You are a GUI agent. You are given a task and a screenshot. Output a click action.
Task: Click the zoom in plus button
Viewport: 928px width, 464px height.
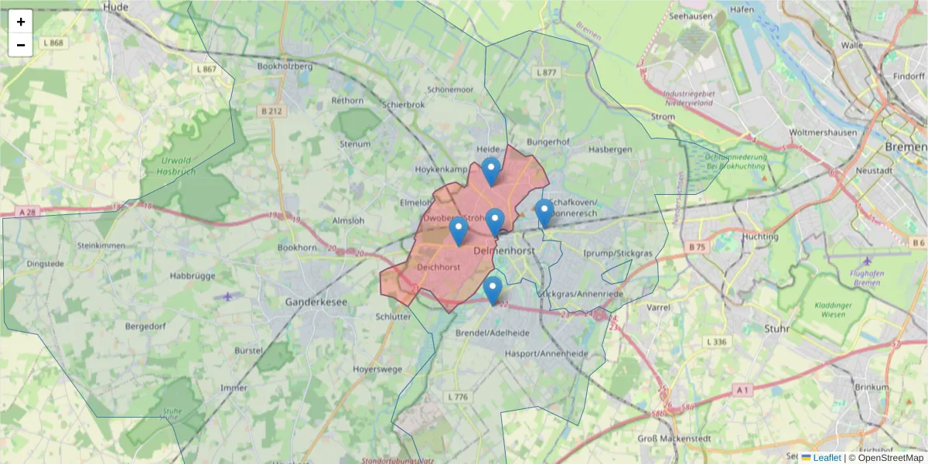21,22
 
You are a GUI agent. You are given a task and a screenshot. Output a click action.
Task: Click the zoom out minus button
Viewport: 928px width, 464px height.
21,45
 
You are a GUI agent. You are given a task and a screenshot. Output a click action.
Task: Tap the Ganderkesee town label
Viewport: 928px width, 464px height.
316,302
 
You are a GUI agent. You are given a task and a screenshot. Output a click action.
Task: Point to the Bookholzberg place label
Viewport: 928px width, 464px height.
285,67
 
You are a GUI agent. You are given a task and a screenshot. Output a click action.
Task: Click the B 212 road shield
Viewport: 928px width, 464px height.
272,111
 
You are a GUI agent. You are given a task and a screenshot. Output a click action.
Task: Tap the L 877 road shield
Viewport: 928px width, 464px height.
545,73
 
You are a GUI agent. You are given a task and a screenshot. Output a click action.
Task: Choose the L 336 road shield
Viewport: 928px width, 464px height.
716,342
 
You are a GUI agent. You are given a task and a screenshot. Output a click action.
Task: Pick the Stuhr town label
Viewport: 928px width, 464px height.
776,329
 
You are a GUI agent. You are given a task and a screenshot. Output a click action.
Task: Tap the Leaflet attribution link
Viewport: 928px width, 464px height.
826,458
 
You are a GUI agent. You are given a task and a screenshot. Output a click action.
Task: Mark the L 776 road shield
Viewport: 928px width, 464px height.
457,397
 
